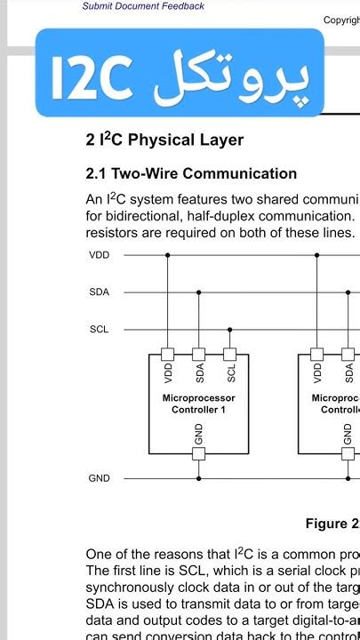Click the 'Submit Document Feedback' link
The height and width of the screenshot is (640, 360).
tap(143, 6)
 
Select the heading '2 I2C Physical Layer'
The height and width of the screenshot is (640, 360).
tap(164, 140)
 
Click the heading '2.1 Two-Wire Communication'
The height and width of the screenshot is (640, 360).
tap(191, 173)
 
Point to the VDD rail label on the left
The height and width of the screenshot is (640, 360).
tap(100, 255)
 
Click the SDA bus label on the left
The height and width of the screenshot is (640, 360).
tap(100, 292)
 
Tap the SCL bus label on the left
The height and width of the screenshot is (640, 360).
tap(100, 329)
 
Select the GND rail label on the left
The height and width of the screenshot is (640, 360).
tap(100, 478)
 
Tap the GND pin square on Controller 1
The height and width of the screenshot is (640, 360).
tap(199, 453)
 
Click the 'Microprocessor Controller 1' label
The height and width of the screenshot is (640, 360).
tap(199, 404)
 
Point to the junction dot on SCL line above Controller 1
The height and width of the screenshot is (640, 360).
tap(231, 329)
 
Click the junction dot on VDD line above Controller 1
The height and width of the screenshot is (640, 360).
tap(167, 255)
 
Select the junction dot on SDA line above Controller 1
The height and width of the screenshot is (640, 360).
tap(199, 292)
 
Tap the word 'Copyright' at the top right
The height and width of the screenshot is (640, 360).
tap(341, 20)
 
